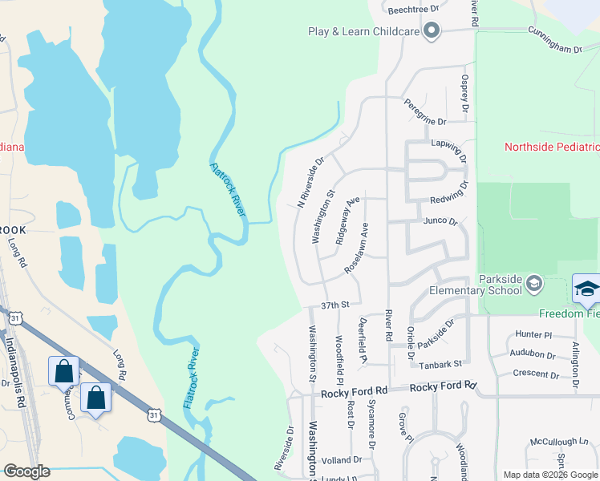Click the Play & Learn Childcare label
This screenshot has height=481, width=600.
pos(364,31)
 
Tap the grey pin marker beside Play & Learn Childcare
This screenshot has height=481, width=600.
pos(432,31)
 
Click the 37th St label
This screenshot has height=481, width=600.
pos(336,305)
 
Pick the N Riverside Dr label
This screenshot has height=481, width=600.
pos(310,182)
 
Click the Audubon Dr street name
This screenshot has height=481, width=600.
pos(533,354)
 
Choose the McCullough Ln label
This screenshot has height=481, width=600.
pos(558,442)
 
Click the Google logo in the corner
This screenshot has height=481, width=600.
pos(26,471)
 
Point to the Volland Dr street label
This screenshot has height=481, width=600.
pos(342,460)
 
